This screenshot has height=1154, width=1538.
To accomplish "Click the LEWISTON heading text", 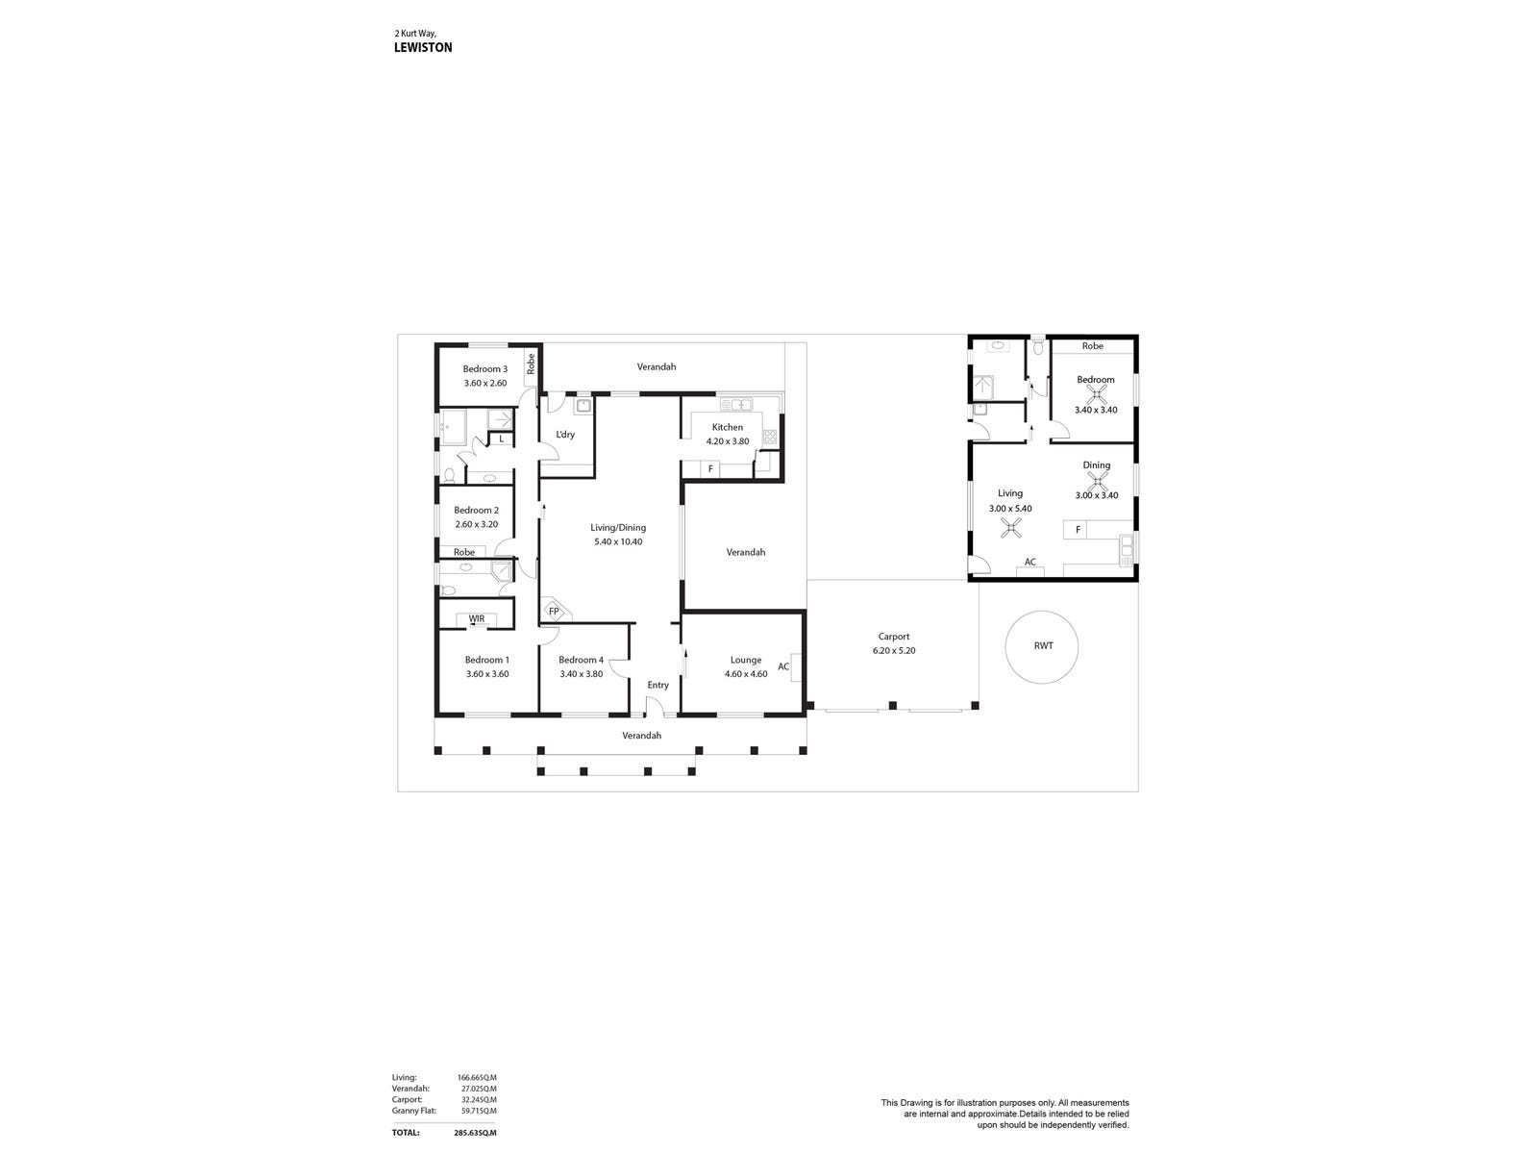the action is tap(423, 47).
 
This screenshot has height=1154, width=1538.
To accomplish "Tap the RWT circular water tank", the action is tap(1043, 646).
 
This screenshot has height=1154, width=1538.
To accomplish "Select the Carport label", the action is tap(894, 637).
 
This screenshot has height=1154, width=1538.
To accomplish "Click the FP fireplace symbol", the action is tap(554, 610).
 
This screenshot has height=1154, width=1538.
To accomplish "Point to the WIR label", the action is tap(477, 618).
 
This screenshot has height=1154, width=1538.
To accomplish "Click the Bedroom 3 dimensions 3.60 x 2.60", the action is tap(485, 383).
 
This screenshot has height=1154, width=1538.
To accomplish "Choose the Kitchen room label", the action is tap(728, 427).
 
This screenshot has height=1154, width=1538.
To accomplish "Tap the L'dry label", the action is tap(565, 435).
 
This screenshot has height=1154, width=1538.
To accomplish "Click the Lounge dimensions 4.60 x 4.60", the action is tap(746, 674).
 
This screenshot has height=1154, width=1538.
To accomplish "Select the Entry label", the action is tap(657, 685).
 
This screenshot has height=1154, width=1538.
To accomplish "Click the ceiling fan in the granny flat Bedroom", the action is tap(1095, 393).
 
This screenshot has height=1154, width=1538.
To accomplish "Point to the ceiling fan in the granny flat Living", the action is tap(1011, 526).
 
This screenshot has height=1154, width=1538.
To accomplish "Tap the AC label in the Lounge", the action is tap(783, 666).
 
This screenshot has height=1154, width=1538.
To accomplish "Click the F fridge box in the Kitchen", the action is tap(710, 469).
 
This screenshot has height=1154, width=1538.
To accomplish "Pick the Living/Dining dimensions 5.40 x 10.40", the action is tap(618, 541).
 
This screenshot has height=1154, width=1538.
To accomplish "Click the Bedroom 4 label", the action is tap(582, 660).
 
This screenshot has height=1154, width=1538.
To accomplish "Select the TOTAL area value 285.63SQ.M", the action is tap(478, 1133).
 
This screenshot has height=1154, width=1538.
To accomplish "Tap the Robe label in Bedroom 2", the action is tap(464, 552).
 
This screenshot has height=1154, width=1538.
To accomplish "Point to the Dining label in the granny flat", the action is tap(1097, 465).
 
